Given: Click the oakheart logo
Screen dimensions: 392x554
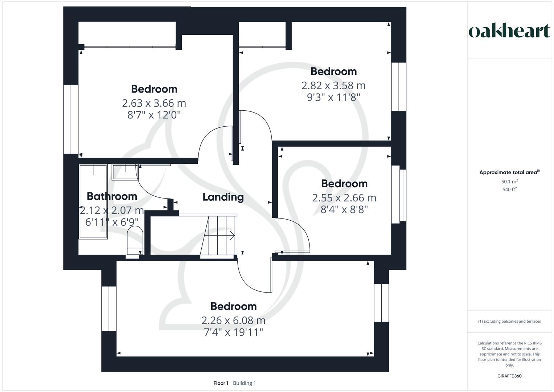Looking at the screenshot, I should click(509, 31).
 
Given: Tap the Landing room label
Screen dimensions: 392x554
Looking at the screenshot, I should click(223, 197).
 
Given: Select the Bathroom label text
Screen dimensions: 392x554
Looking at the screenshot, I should click(112, 196).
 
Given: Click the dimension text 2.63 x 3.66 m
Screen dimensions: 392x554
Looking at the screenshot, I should click(154, 103).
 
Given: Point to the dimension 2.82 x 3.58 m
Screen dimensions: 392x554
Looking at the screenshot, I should click(333, 86).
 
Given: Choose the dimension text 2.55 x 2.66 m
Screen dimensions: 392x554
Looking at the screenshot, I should click(344, 198).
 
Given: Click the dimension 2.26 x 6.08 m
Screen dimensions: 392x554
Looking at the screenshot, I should click(233, 320).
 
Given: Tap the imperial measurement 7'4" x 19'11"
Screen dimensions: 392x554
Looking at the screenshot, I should click(233, 332).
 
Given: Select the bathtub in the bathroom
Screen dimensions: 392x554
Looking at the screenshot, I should click(93, 201).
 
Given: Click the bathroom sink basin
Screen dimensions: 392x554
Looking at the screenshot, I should click(125, 172).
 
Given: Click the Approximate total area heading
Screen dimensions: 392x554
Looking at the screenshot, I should click(509, 172).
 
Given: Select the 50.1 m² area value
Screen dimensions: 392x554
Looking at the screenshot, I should click(509, 181).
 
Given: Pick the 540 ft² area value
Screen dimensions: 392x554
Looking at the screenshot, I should click(509, 189).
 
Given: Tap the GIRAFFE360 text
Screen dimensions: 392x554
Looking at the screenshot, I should click(509, 376).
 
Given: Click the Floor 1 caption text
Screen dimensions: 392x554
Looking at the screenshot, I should click(221, 383).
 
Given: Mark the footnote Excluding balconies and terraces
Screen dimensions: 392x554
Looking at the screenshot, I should click(509, 321).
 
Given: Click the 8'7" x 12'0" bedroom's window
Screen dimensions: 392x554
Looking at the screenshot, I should click(71, 119).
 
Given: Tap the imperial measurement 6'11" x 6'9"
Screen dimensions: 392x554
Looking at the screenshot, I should click(112, 222).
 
